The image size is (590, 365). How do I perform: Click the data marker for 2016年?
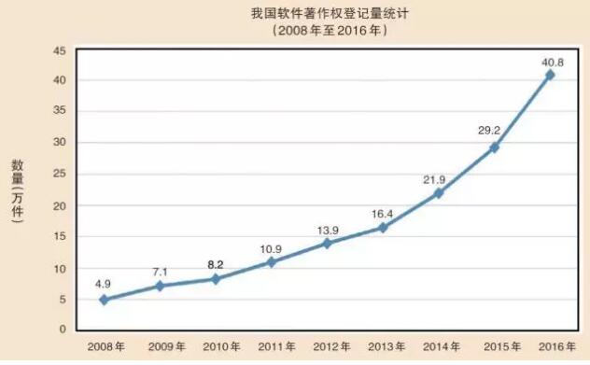click(x=550, y=75)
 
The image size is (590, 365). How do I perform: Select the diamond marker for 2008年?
click(x=104, y=300)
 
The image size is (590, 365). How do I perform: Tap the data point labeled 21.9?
click(x=438, y=193)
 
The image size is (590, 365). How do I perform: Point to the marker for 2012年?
click(x=327, y=243)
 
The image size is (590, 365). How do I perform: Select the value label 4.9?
click(x=104, y=282)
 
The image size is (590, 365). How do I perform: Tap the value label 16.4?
click(x=382, y=213)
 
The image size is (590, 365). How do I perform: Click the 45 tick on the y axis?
click(x=59, y=49)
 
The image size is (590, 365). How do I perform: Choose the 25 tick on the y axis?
click(x=59, y=175)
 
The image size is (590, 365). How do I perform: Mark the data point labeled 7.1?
click(x=160, y=286)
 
